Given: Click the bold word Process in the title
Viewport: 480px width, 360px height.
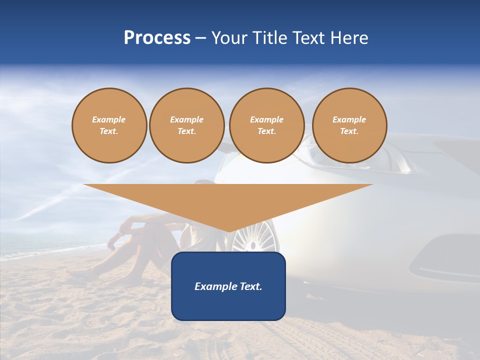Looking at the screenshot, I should click(x=157, y=38).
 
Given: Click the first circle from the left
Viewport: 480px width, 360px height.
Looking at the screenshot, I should click(x=109, y=125).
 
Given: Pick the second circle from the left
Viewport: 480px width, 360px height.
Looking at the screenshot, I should click(x=187, y=125).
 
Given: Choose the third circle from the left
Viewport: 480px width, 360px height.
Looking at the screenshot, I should click(x=267, y=125).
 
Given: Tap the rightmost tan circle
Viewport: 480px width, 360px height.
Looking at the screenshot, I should click(x=349, y=125).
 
